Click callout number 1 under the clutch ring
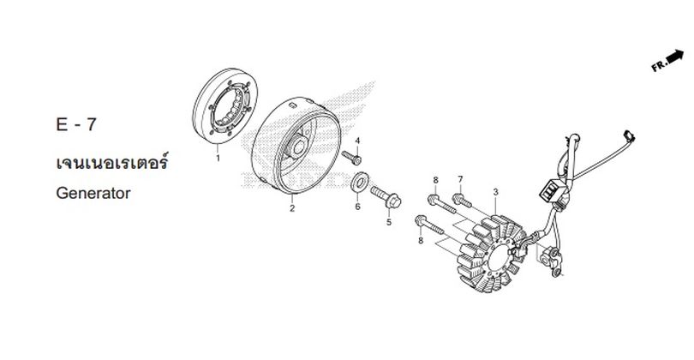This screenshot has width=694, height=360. pos(218,158)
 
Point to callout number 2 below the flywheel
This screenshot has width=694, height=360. pos(292,208)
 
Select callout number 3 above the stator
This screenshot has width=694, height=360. pos(496,192)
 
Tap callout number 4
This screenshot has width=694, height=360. pos(357,141)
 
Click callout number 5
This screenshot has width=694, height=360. pos(389,222)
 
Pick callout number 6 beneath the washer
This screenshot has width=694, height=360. pos(357,207)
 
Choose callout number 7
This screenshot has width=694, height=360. pos(460,179)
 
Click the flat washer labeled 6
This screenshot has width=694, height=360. pos(361,183)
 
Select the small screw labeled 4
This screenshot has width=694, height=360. pos(351,157)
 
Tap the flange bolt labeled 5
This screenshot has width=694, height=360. pos(386,197)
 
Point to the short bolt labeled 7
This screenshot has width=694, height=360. pos(462,201)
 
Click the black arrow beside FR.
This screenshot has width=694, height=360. pos(675,57)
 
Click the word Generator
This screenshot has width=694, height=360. pos(93,193)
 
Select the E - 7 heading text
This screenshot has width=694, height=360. pos(75,124)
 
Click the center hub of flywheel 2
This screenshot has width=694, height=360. pos(298,146)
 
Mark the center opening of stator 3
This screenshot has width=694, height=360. pos(499,256)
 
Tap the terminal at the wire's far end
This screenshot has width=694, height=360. pos(629,137)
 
